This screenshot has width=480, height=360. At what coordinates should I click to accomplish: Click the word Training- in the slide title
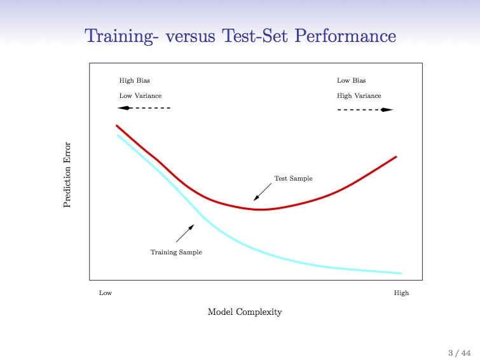click(x=121, y=36)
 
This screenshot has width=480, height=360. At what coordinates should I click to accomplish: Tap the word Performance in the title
click(x=345, y=36)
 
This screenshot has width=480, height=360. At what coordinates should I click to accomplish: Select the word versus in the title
click(x=190, y=37)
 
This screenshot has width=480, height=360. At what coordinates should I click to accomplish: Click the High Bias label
click(x=134, y=81)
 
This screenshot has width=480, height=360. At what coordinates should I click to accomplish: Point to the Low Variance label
click(x=141, y=95)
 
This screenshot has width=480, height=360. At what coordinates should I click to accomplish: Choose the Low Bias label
click(x=351, y=80)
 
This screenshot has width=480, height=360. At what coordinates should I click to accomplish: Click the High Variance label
click(x=359, y=95)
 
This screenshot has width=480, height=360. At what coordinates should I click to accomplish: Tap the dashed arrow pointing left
click(x=144, y=108)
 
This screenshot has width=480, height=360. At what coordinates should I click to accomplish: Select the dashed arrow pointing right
click(x=365, y=109)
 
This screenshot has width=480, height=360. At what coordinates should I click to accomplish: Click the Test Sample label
click(x=293, y=178)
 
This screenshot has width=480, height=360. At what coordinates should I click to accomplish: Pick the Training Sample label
click(x=176, y=252)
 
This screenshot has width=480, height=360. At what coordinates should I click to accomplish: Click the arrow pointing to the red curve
click(x=263, y=192)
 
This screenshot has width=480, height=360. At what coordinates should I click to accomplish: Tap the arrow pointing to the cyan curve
click(x=185, y=233)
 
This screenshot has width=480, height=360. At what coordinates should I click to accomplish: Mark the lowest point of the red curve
click(x=260, y=209)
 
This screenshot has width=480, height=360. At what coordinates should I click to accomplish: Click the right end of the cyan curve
click(x=401, y=273)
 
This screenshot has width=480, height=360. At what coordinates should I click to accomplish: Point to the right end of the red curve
click(x=397, y=157)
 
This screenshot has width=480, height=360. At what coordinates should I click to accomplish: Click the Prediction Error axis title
click(x=67, y=174)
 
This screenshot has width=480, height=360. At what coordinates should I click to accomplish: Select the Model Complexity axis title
click(x=245, y=312)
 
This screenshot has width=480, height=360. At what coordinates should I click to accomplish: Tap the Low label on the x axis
click(x=106, y=293)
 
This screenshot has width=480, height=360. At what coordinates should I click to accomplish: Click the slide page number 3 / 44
click(x=459, y=353)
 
